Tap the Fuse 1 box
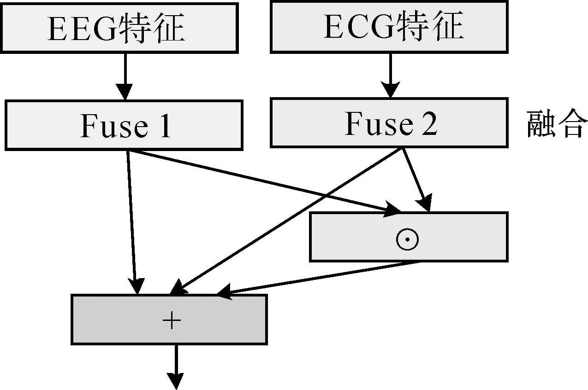124,126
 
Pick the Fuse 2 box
389,122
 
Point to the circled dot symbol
407,239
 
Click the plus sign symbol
171,320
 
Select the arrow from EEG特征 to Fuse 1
125,76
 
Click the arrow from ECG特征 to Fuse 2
391,75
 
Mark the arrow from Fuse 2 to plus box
286,221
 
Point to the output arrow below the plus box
176,366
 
